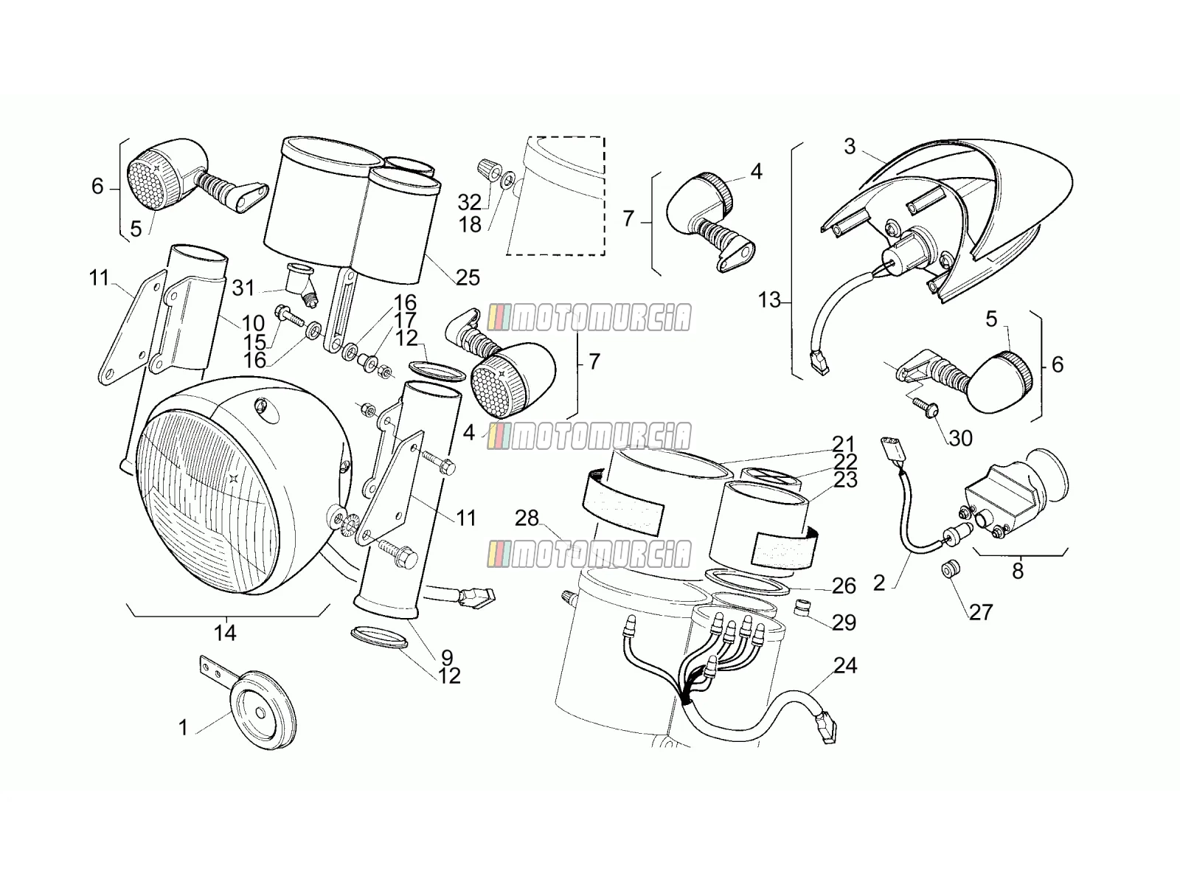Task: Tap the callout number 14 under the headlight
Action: click(225, 633)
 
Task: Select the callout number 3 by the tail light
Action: click(850, 147)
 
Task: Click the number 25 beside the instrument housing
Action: click(468, 278)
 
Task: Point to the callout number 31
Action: click(243, 288)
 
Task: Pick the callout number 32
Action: click(469, 203)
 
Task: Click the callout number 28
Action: click(527, 518)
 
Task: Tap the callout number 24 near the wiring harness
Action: click(845, 666)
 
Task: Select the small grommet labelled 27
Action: click(951, 570)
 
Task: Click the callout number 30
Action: click(961, 439)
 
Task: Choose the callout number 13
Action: click(768, 300)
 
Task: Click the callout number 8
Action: click(1018, 571)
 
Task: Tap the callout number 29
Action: click(844, 622)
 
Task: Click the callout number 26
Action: click(844, 586)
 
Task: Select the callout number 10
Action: click(253, 324)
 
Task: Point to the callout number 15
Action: click(255, 341)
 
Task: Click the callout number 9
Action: click(447, 657)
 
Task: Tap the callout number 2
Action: click(879, 583)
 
